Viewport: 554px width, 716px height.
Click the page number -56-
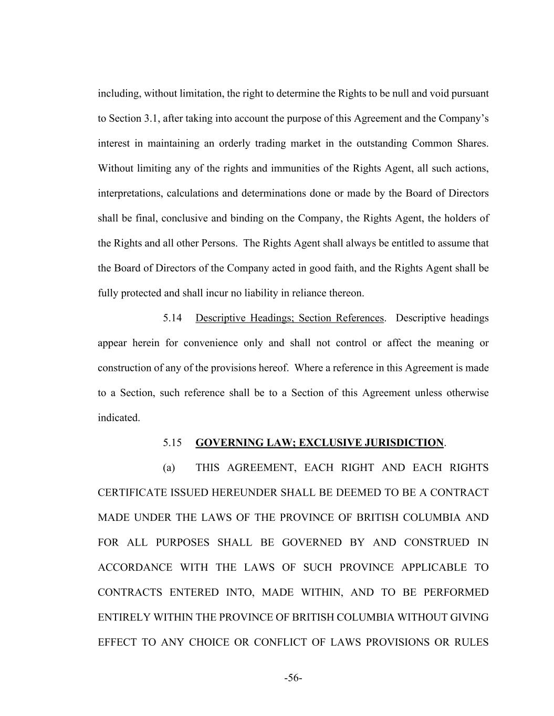click(293, 678)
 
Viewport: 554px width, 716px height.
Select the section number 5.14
click(172, 318)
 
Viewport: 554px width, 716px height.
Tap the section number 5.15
click(172, 443)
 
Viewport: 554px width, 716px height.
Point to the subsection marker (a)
click(169, 467)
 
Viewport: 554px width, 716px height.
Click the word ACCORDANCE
click(135, 568)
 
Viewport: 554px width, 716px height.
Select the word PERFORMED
click(456, 592)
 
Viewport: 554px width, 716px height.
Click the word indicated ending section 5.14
click(119, 418)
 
